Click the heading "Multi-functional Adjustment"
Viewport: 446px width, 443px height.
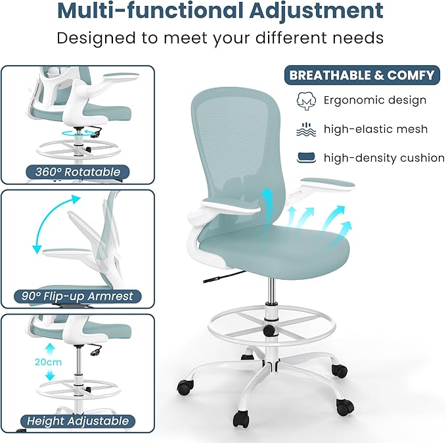(x=220, y=11)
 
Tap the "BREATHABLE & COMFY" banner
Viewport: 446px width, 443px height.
(x=362, y=75)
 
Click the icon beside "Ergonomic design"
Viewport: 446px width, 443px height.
(x=305, y=101)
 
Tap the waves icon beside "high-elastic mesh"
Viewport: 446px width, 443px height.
(x=305, y=129)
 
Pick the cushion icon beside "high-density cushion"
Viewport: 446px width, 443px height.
(x=305, y=157)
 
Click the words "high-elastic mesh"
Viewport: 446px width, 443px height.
(x=375, y=129)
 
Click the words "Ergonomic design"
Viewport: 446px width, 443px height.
(x=375, y=101)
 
